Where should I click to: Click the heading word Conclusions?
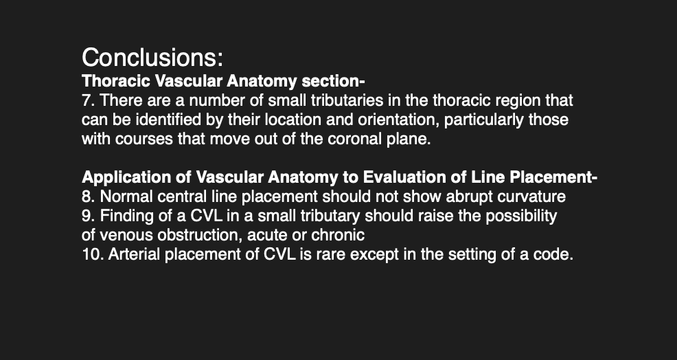(152, 58)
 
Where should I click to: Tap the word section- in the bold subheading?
(333, 81)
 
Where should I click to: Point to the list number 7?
(88, 100)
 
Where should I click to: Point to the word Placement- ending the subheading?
(553, 177)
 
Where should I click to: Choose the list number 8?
(88, 196)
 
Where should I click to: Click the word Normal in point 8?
(126, 196)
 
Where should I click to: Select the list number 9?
(88, 216)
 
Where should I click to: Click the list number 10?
(93, 255)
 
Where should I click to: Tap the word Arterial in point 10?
(135, 255)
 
